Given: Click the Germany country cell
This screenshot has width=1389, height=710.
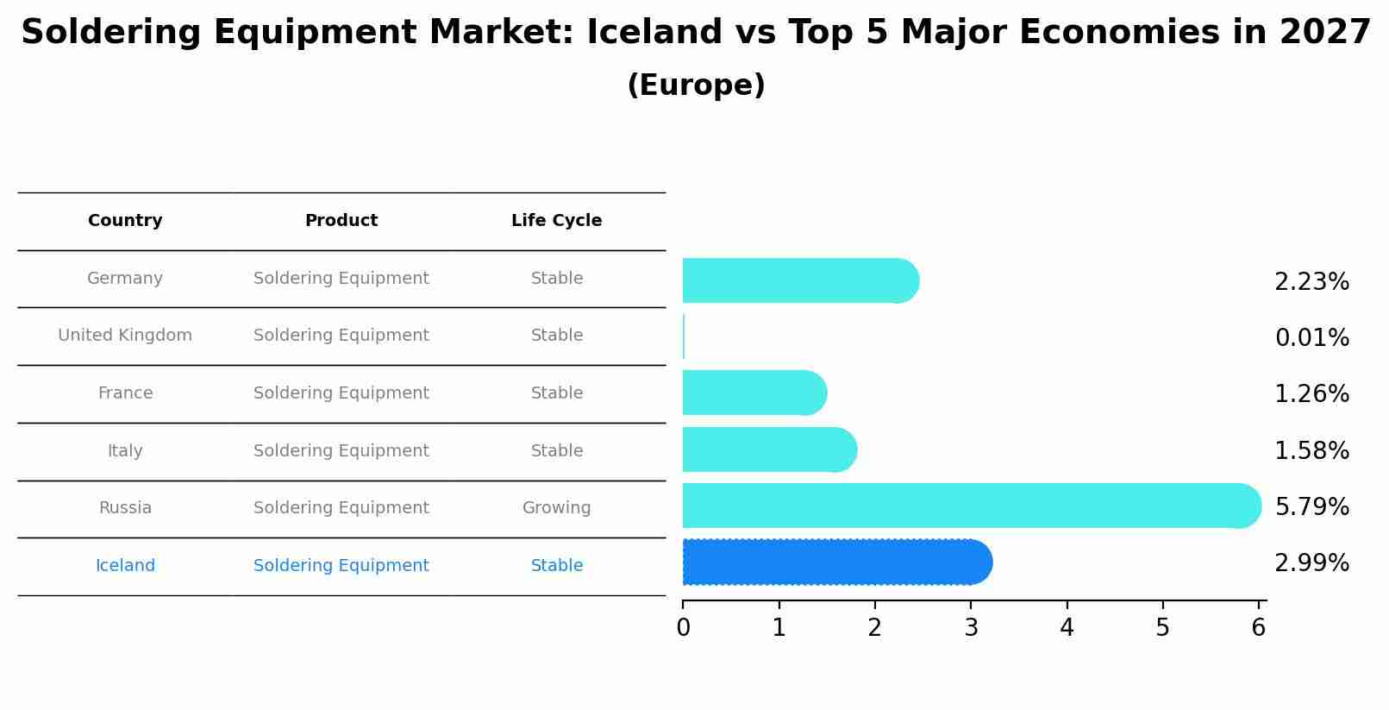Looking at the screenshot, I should coord(125,279).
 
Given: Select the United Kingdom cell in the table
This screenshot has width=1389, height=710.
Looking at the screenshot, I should coord(125,336).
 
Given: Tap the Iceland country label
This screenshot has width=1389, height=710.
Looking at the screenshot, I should coord(125,566).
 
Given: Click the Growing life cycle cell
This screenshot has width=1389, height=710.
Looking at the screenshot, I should coord(556,508).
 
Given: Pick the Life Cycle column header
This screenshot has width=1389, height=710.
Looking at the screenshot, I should coord(556,221).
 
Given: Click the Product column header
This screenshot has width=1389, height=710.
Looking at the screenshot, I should coord(341,221).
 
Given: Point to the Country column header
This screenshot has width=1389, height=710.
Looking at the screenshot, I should coord(125,221).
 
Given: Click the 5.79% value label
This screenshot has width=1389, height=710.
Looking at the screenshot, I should coord(1311,507).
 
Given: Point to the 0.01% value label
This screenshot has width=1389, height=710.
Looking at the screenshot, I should coord(1311,338).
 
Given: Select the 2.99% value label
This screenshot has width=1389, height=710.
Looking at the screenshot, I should coord(1311,563).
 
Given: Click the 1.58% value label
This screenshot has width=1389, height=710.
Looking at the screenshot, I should coord(1311,451).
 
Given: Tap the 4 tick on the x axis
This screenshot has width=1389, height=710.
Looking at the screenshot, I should coord(1067,628).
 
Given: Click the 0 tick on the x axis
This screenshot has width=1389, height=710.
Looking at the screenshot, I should coord(683,628).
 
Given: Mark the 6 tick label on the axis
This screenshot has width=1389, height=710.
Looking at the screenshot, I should coord(1258,628).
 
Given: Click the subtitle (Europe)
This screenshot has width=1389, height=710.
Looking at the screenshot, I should coord(696,85).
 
